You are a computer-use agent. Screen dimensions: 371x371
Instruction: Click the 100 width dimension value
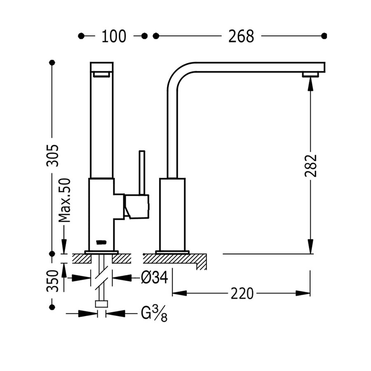point(114,36)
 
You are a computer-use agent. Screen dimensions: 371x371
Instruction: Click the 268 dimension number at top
point(241,36)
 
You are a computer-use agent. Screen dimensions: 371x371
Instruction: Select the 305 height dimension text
point(52,156)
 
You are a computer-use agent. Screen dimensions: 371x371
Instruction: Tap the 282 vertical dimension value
point(310,166)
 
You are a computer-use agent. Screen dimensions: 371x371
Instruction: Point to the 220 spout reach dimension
point(242,294)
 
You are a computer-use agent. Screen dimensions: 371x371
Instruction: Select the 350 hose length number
point(52,281)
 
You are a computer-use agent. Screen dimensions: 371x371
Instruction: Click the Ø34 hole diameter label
point(154,278)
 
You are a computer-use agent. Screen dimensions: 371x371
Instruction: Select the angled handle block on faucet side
point(136,207)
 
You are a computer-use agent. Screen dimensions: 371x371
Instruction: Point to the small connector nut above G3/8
point(101,304)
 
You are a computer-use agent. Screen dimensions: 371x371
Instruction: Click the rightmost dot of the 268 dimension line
point(324,36)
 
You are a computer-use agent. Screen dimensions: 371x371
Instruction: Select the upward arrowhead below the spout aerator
point(310,82)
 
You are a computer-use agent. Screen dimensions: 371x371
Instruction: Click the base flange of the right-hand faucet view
point(172,251)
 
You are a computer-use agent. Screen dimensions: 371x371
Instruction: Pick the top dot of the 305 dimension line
point(52,63)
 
